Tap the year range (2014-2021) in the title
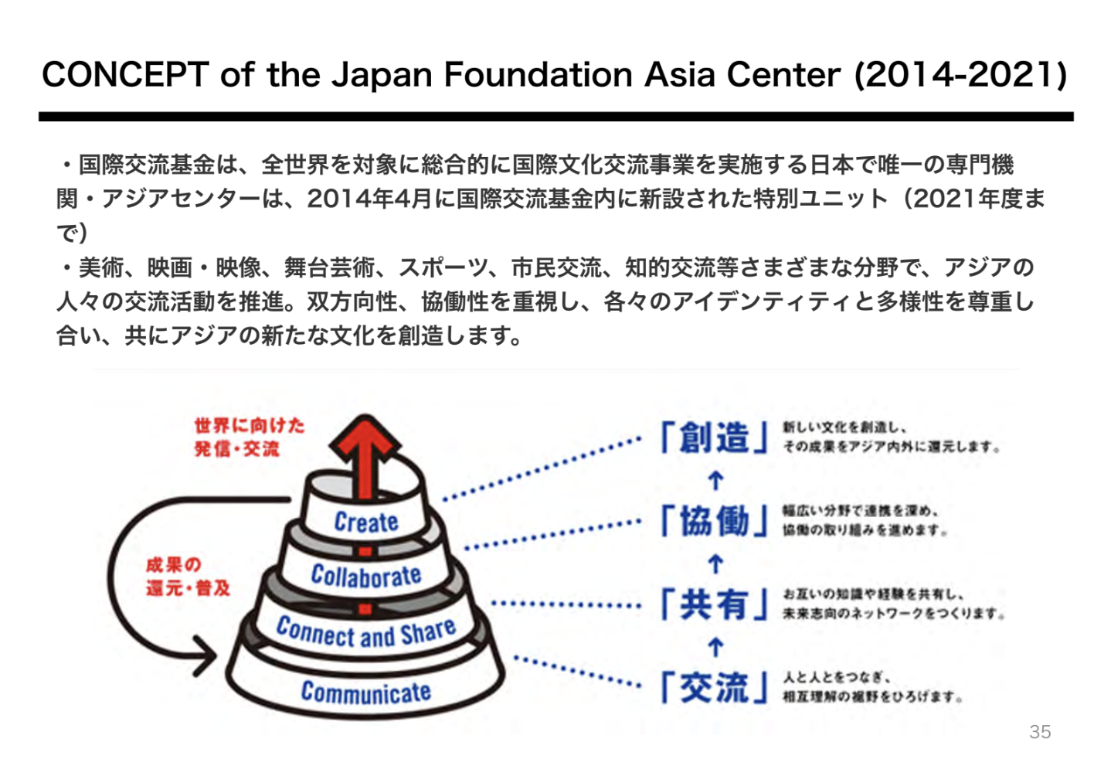click(x=960, y=75)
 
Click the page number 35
click(x=1040, y=732)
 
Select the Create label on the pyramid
click(x=366, y=523)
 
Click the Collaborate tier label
click(x=366, y=576)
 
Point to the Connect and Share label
click(x=366, y=633)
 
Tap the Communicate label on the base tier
click(x=366, y=692)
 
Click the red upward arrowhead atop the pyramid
click(x=365, y=437)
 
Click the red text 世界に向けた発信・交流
click(x=249, y=437)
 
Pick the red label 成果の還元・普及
click(x=188, y=577)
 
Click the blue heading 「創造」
click(x=715, y=438)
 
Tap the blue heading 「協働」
click(x=715, y=522)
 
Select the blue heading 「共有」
click(x=715, y=604)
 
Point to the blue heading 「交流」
click(x=715, y=687)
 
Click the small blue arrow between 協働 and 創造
click(x=715, y=481)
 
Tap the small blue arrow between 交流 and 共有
click(x=715, y=646)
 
